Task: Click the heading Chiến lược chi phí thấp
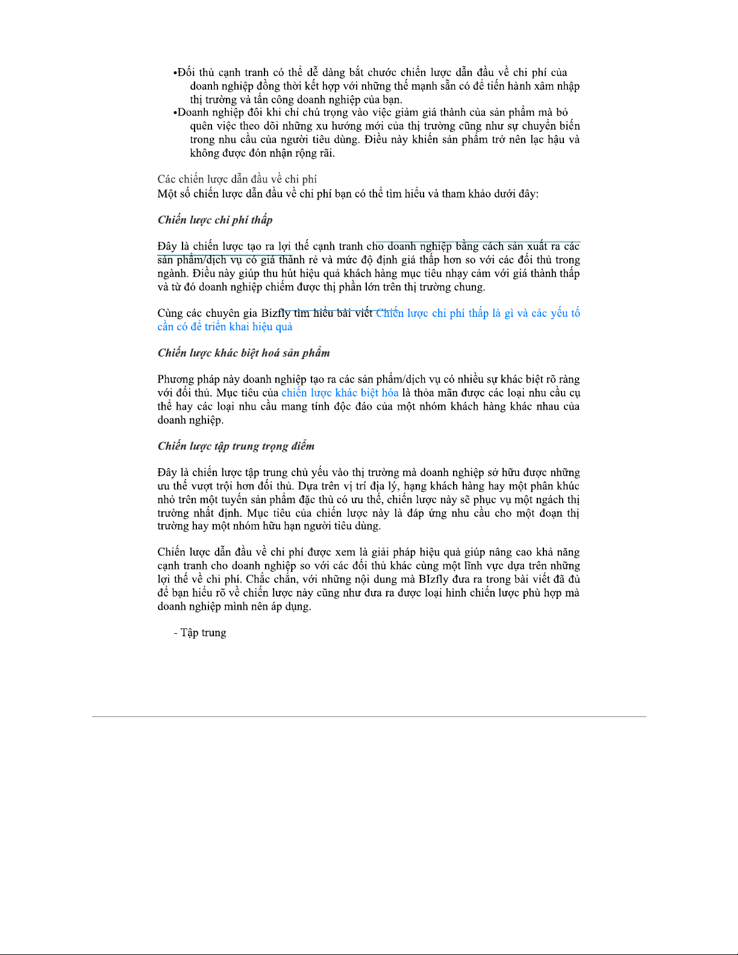(215, 220)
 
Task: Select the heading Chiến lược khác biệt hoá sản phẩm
(243, 353)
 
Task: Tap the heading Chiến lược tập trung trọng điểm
(236, 446)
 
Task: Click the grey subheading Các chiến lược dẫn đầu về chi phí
(237, 179)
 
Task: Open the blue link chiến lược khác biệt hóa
(340, 393)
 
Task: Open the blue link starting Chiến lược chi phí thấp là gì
(478, 313)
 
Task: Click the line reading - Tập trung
(199, 633)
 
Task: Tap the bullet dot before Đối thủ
(175, 74)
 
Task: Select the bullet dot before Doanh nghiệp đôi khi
(175, 113)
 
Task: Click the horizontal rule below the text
(369, 716)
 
